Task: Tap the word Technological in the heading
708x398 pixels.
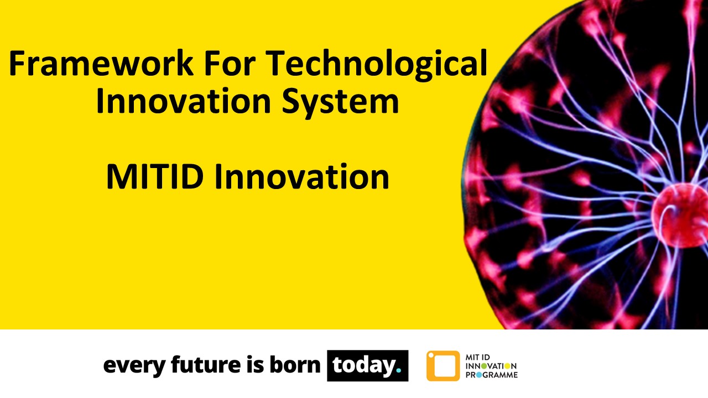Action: tap(378, 65)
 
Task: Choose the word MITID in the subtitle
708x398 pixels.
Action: tap(155, 177)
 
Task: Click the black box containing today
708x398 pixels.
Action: tap(367, 365)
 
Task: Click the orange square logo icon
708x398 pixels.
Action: tap(442, 366)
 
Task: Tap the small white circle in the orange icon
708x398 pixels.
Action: tap(431, 355)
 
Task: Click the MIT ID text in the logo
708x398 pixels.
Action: tap(478, 357)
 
